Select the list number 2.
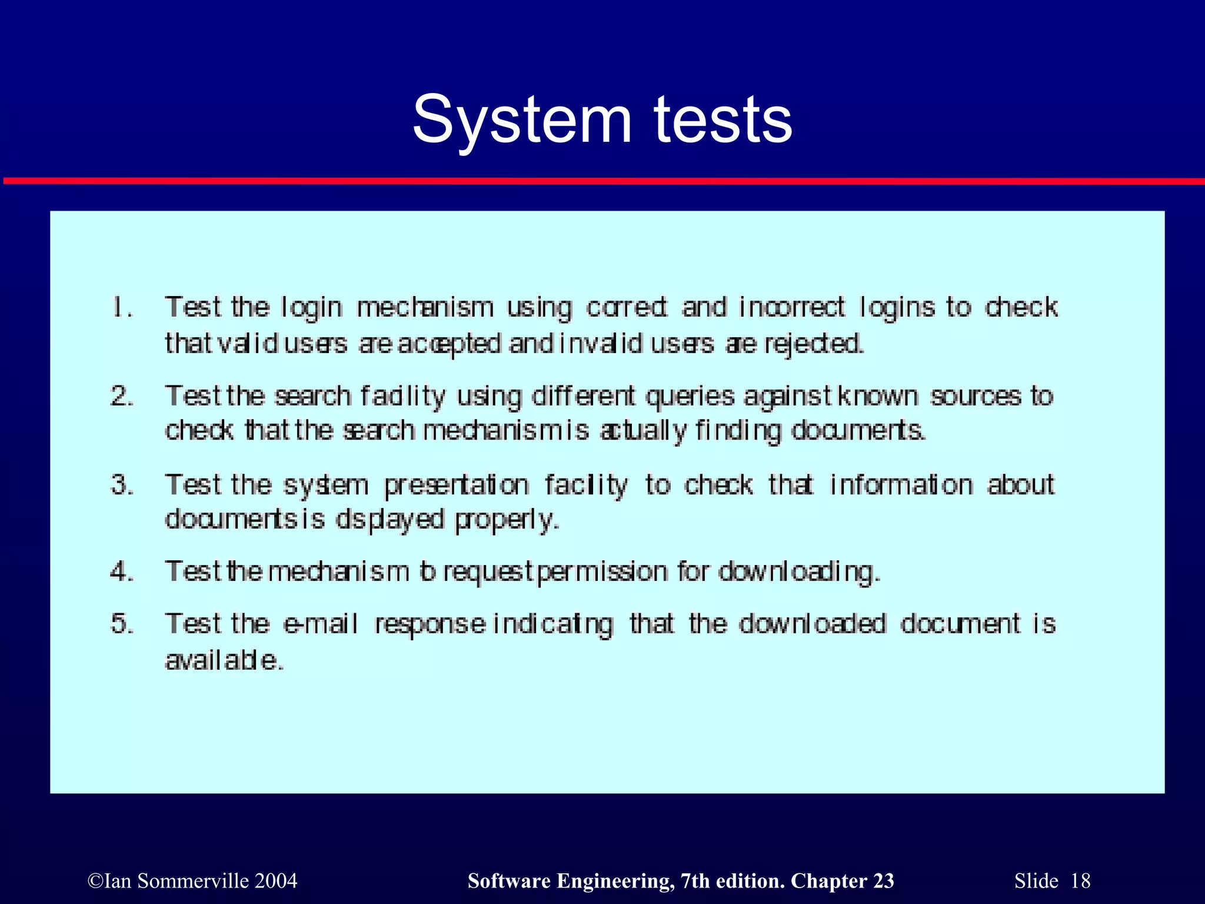(122, 395)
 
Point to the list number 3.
(122, 484)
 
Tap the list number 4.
(122, 571)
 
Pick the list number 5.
(122, 623)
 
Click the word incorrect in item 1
(791, 307)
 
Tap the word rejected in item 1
(814, 344)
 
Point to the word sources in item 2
(975, 395)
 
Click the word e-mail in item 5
(320, 623)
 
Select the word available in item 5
(224, 660)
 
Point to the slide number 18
(1080, 880)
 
